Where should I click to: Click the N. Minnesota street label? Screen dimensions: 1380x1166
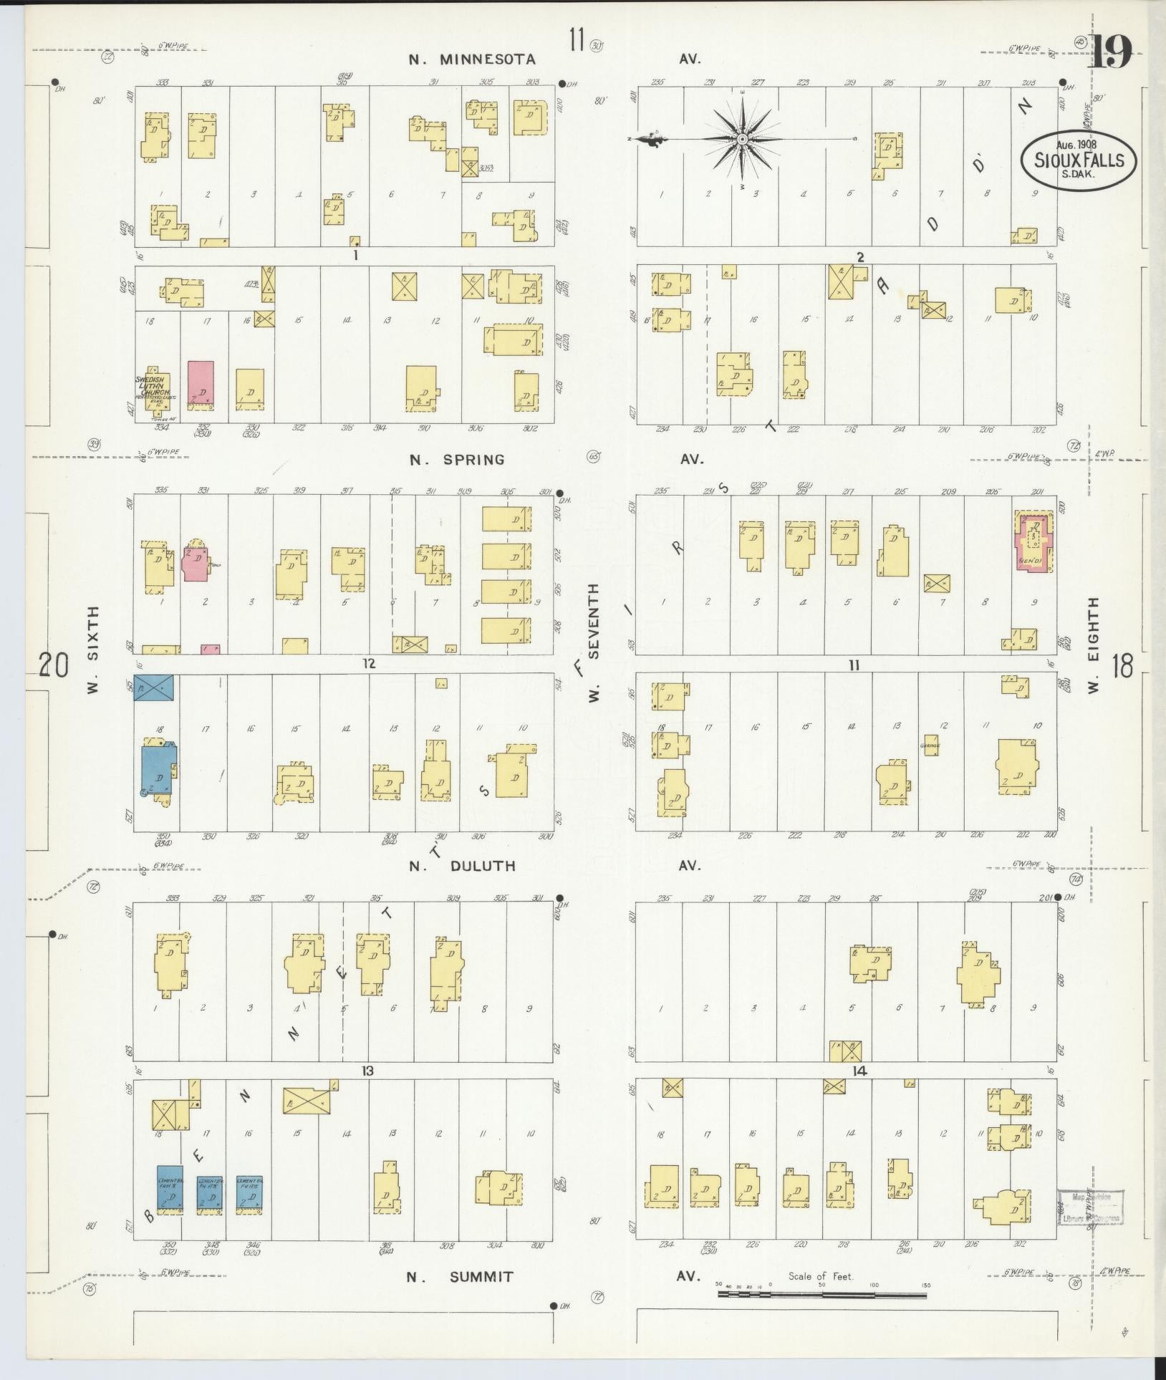(473, 59)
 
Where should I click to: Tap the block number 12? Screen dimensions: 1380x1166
(368, 664)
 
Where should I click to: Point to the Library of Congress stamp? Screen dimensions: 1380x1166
(1089, 1208)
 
